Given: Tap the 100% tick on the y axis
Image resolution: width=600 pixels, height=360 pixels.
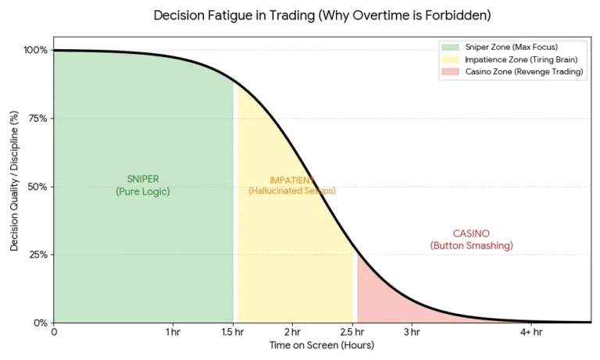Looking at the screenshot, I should [x=36, y=50].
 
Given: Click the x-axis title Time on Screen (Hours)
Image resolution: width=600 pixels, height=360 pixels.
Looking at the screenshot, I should [x=321, y=345].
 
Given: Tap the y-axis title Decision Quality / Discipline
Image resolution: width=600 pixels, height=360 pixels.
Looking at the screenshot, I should [x=14, y=186].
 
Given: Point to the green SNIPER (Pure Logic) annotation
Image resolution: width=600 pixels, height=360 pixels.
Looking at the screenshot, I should [x=142, y=184].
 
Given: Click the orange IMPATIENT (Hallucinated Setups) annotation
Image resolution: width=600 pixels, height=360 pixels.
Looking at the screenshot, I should [x=291, y=185].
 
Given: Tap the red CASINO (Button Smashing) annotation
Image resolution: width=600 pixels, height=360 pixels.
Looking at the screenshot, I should [x=471, y=240].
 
